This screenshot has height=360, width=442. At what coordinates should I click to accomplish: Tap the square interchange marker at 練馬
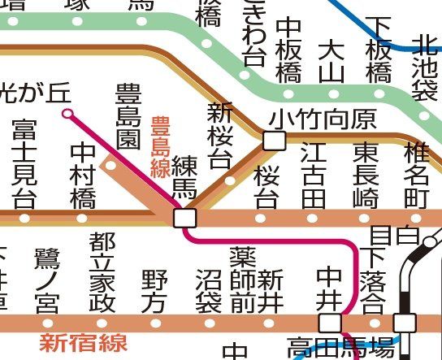(184, 218)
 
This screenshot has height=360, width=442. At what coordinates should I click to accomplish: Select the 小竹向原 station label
(323, 121)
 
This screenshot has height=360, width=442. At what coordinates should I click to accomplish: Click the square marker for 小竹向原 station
(275, 141)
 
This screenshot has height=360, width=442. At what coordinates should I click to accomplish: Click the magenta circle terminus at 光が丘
(68, 114)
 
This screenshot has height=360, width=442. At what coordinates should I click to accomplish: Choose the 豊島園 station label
(128, 115)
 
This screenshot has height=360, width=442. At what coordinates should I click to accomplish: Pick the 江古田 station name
(313, 176)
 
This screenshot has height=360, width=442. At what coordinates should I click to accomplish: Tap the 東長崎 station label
(366, 176)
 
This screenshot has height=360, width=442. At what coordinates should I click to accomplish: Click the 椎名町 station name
(418, 176)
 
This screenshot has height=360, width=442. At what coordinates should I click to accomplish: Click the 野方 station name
(154, 292)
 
